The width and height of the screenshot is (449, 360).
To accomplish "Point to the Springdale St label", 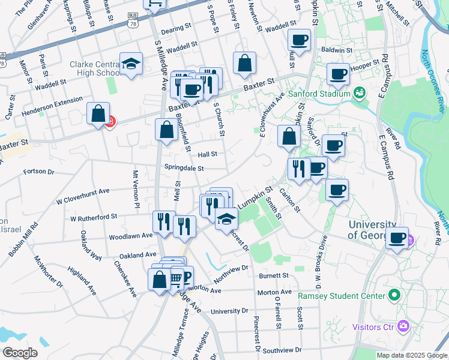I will click(x=185, y=169).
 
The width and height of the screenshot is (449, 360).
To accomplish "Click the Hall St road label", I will click(x=206, y=154).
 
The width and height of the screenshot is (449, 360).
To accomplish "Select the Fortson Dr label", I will click(x=39, y=172).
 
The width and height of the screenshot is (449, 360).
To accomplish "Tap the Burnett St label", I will click(x=274, y=276).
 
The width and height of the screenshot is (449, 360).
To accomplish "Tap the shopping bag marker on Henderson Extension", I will click(x=98, y=113).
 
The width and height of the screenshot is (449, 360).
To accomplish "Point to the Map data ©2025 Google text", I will click(x=411, y=355).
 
